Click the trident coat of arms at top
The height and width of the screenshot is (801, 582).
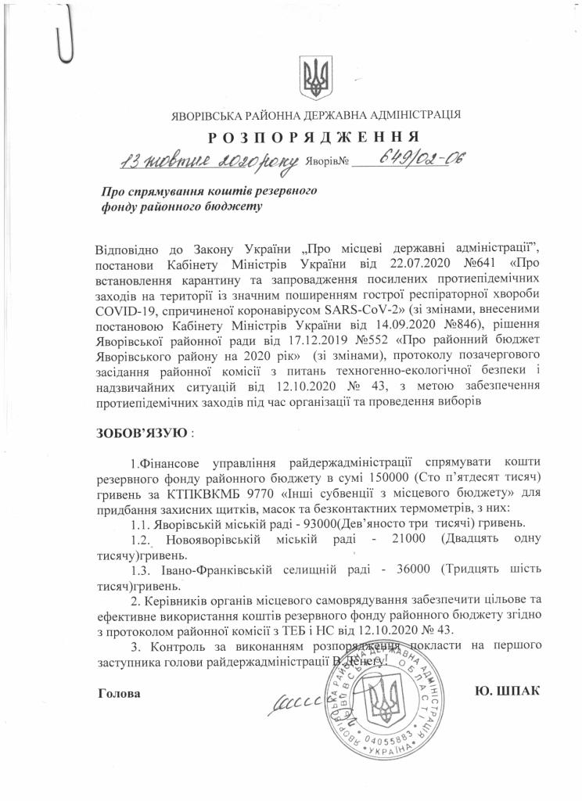[x=316, y=78]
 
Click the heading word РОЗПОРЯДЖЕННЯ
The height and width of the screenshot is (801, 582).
[x=318, y=138]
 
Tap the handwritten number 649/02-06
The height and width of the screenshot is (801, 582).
[x=422, y=161]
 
